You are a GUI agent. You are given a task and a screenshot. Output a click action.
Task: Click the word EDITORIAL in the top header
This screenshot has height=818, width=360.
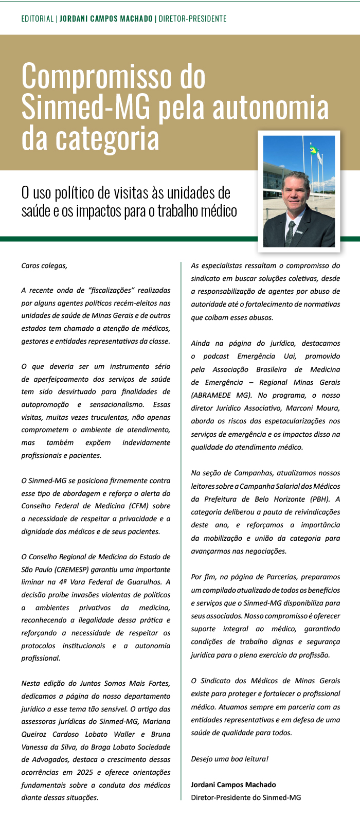(x=38, y=19)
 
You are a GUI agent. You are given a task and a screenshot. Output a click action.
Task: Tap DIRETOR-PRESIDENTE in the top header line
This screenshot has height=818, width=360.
(x=192, y=19)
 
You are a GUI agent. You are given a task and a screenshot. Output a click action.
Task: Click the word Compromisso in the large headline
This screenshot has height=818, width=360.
(x=113, y=77)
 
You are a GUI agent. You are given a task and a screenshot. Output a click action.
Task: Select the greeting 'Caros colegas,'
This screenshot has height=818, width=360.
(x=44, y=265)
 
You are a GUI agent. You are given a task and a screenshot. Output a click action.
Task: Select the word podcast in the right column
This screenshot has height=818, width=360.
(x=216, y=356)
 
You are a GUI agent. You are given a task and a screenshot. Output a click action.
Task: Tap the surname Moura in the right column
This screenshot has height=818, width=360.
(x=328, y=408)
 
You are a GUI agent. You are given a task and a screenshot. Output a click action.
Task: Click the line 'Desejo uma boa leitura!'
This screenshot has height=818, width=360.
(x=229, y=759)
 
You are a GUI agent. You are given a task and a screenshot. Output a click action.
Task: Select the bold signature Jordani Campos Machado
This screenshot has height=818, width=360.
(x=233, y=785)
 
